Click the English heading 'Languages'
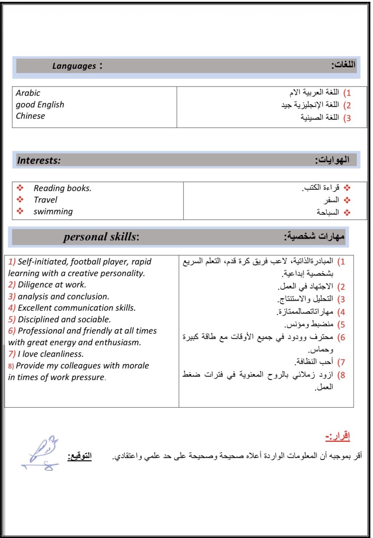[74, 66]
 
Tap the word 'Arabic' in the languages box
[28, 93]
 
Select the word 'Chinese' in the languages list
[31, 116]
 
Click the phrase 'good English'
[40, 104]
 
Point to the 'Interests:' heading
[39, 160]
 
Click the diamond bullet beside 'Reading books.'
[20, 188]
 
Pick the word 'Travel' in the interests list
[46, 199]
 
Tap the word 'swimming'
[53, 211]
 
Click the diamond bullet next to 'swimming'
[20, 211]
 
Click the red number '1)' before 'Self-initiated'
[12, 261]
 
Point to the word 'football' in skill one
[86, 261]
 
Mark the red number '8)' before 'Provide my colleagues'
[11, 366]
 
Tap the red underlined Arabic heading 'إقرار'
[338, 436]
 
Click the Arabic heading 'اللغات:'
[343, 65]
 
